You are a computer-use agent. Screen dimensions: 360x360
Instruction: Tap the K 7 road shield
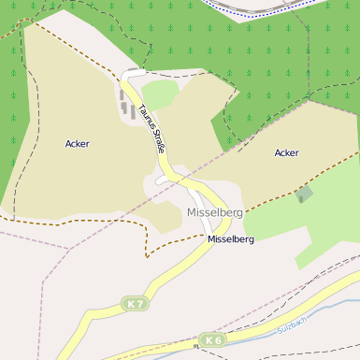[136, 304]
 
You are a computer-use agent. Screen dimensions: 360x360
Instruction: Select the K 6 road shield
[213, 339]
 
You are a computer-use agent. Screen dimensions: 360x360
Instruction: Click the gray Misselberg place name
[214, 212]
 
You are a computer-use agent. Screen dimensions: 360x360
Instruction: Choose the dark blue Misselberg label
[231, 239]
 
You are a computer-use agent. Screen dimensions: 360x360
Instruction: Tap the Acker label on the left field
[78, 144]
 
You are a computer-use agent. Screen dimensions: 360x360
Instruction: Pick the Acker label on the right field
[286, 152]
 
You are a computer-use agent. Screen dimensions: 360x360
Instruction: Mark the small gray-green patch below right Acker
[304, 194]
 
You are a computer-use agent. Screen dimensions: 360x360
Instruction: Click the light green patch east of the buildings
[160, 94]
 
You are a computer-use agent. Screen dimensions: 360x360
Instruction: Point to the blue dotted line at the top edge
[281, 10]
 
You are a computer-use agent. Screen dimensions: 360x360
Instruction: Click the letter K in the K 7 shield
[131, 304]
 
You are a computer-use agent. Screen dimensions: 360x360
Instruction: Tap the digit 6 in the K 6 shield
[218, 339]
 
